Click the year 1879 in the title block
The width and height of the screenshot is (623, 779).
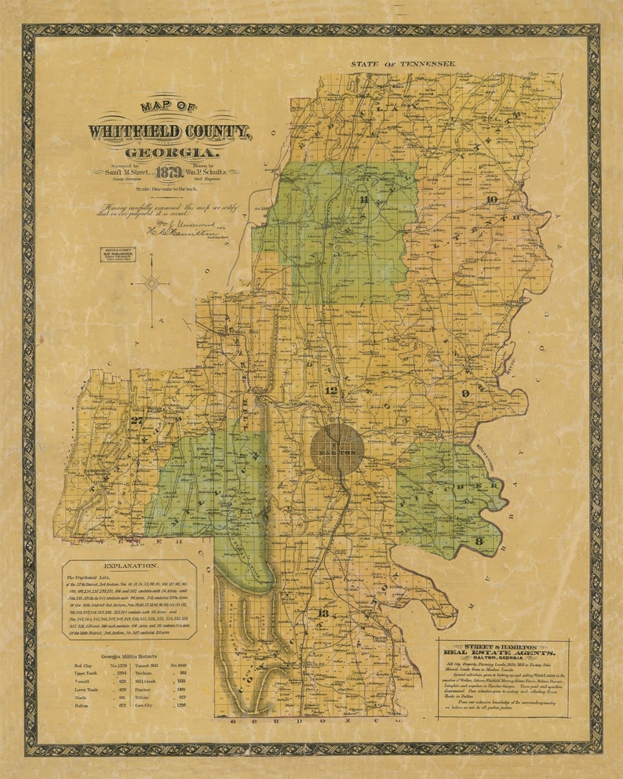tap(169, 173)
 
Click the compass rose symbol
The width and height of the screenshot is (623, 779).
tap(151, 284)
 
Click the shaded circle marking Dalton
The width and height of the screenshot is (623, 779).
tap(337, 449)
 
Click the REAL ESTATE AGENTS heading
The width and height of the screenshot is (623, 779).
tap(504, 652)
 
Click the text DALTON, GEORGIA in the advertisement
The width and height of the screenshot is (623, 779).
tap(504, 659)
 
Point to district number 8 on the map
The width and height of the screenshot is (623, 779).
tap(476, 541)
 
